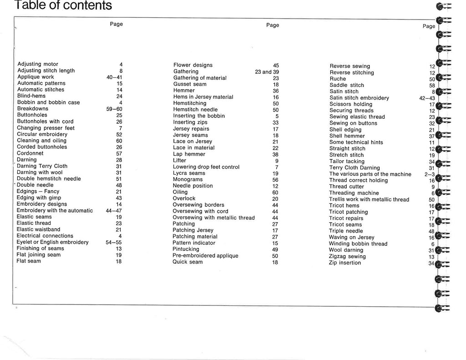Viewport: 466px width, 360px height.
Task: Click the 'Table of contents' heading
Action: click(63, 5)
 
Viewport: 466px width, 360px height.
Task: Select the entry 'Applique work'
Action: click(35, 77)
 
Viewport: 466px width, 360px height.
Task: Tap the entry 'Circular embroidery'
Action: click(42, 134)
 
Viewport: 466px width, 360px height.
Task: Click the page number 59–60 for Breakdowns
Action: click(114, 109)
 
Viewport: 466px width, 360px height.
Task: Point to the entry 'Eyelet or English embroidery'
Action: click(52, 242)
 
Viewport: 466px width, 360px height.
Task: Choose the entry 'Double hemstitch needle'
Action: click(49, 179)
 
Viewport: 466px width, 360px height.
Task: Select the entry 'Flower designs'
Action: click(193, 65)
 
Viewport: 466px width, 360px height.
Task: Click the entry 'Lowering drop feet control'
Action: click(206, 167)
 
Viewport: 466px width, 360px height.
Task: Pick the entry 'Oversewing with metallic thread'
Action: click(213, 218)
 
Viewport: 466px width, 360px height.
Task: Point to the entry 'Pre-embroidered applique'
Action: click(205, 256)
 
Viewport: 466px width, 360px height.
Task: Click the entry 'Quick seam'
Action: click(187, 262)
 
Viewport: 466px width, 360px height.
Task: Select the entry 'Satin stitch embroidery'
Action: click(359, 98)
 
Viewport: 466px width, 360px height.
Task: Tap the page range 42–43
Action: click(427, 98)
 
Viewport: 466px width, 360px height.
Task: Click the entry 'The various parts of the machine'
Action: click(370, 174)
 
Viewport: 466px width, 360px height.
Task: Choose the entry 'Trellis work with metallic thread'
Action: click(369, 199)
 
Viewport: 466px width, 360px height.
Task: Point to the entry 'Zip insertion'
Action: click(344, 263)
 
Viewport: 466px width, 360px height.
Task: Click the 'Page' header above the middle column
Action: click(273, 25)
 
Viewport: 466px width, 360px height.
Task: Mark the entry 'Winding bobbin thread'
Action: click(358, 244)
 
